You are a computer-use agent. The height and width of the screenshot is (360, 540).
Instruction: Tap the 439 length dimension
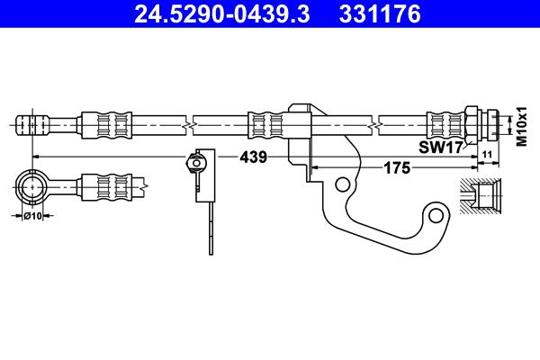pyautogui.click(x=253, y=157)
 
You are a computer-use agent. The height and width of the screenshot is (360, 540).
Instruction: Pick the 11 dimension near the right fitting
pyautogui.click(x=487, y=157)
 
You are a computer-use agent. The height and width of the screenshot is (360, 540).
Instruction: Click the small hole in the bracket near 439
pyautogui.click(x=342, y=184)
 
